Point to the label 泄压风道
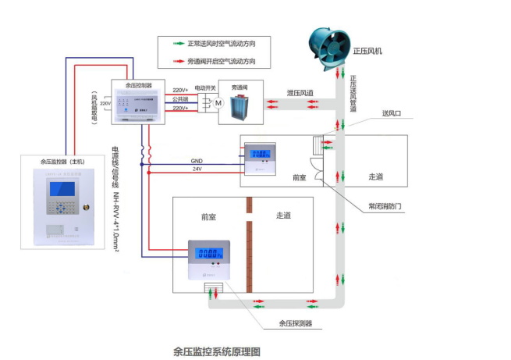[x=300, y=93]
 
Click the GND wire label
[x=196, y=162]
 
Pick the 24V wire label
[x=196, y=169]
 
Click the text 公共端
[x=180, y=99]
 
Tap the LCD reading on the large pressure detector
[x=208, y=254]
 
